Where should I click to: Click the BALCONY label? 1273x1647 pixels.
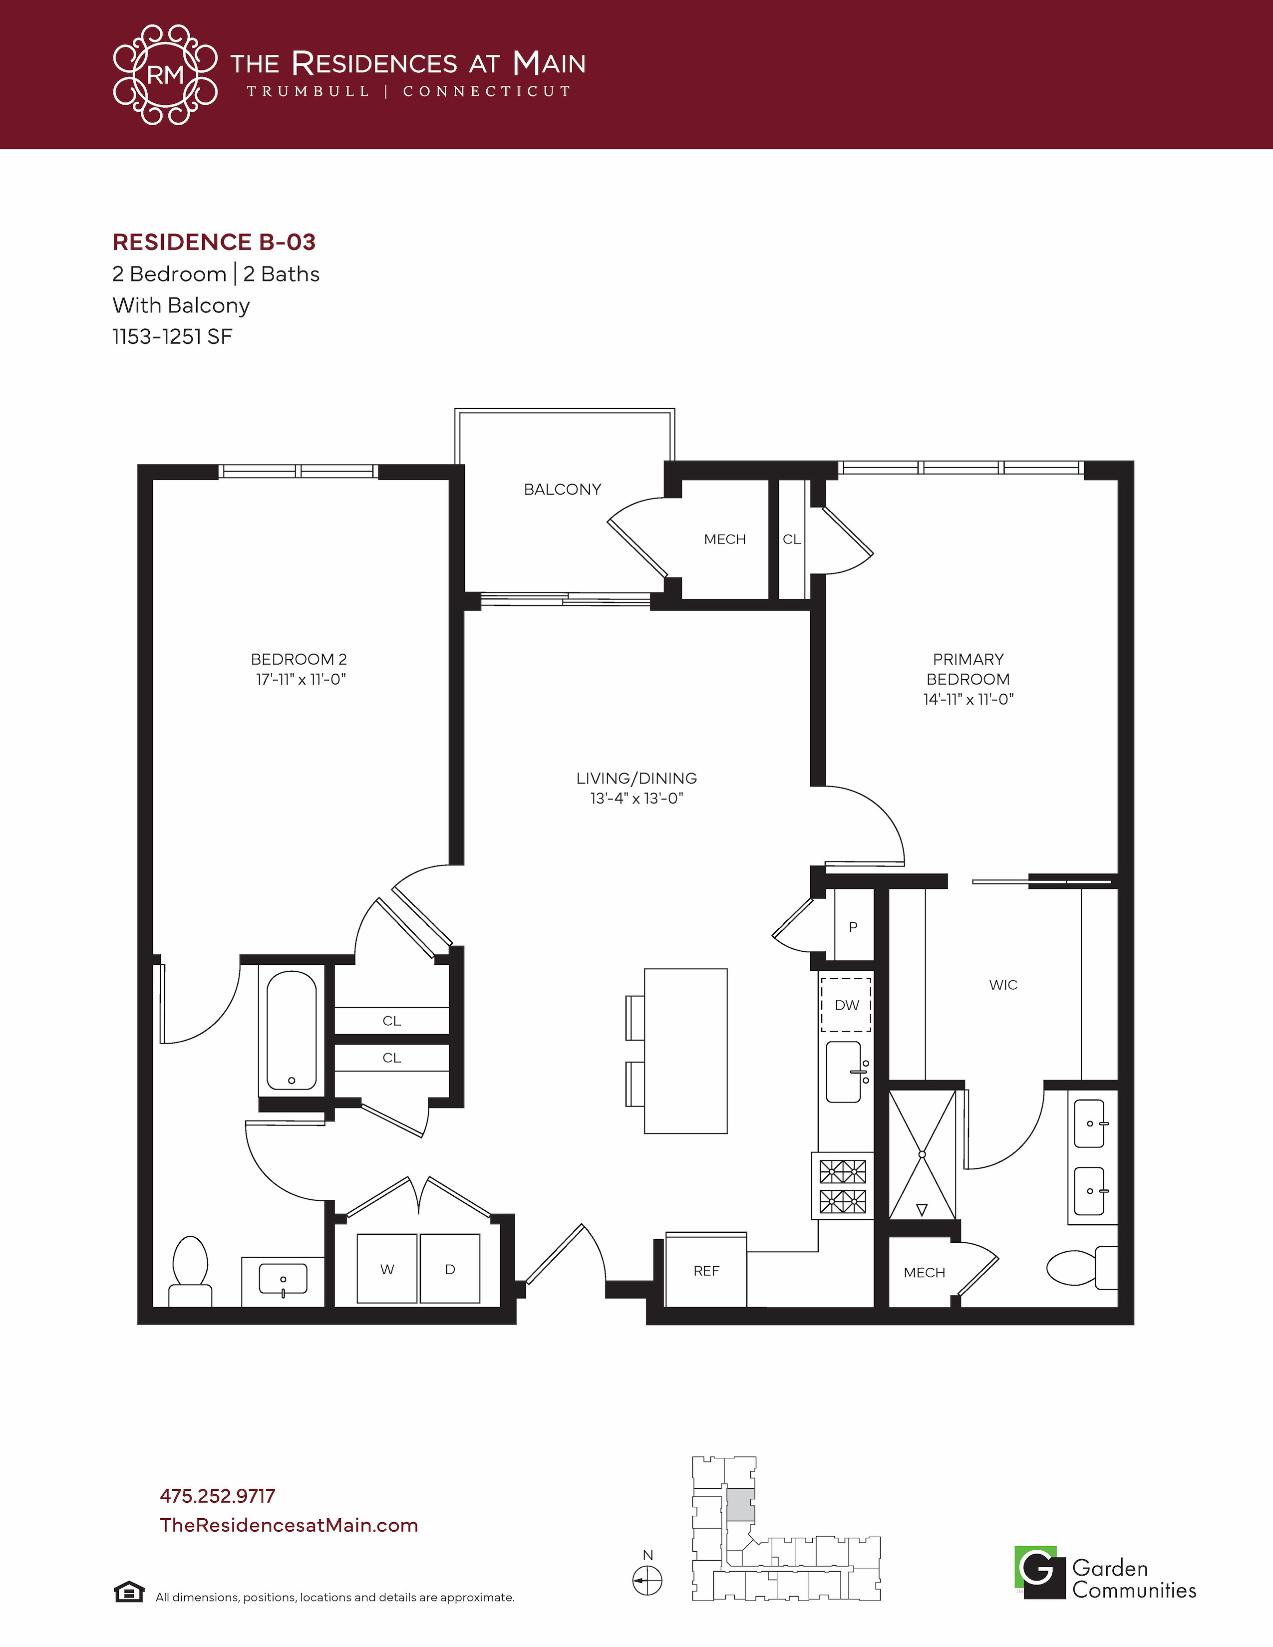point(563,490)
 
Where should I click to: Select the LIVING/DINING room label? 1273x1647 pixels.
point(636,778)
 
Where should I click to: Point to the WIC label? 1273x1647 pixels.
point(1003,985)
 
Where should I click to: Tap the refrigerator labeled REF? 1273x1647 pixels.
point(706,1270)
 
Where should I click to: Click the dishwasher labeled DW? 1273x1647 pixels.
point(846,1005)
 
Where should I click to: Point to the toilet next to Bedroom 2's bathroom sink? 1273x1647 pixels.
point(190,1272)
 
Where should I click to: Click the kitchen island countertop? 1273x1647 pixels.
point(685,1051)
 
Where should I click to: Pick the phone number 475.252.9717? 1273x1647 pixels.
point(217,1496)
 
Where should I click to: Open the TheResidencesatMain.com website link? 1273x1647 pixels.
point(289,1525)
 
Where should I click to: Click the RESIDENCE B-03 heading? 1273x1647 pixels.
point(214,242)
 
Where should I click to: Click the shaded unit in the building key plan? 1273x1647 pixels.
point(740,1505)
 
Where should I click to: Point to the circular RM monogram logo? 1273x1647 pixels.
point(165,75)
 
